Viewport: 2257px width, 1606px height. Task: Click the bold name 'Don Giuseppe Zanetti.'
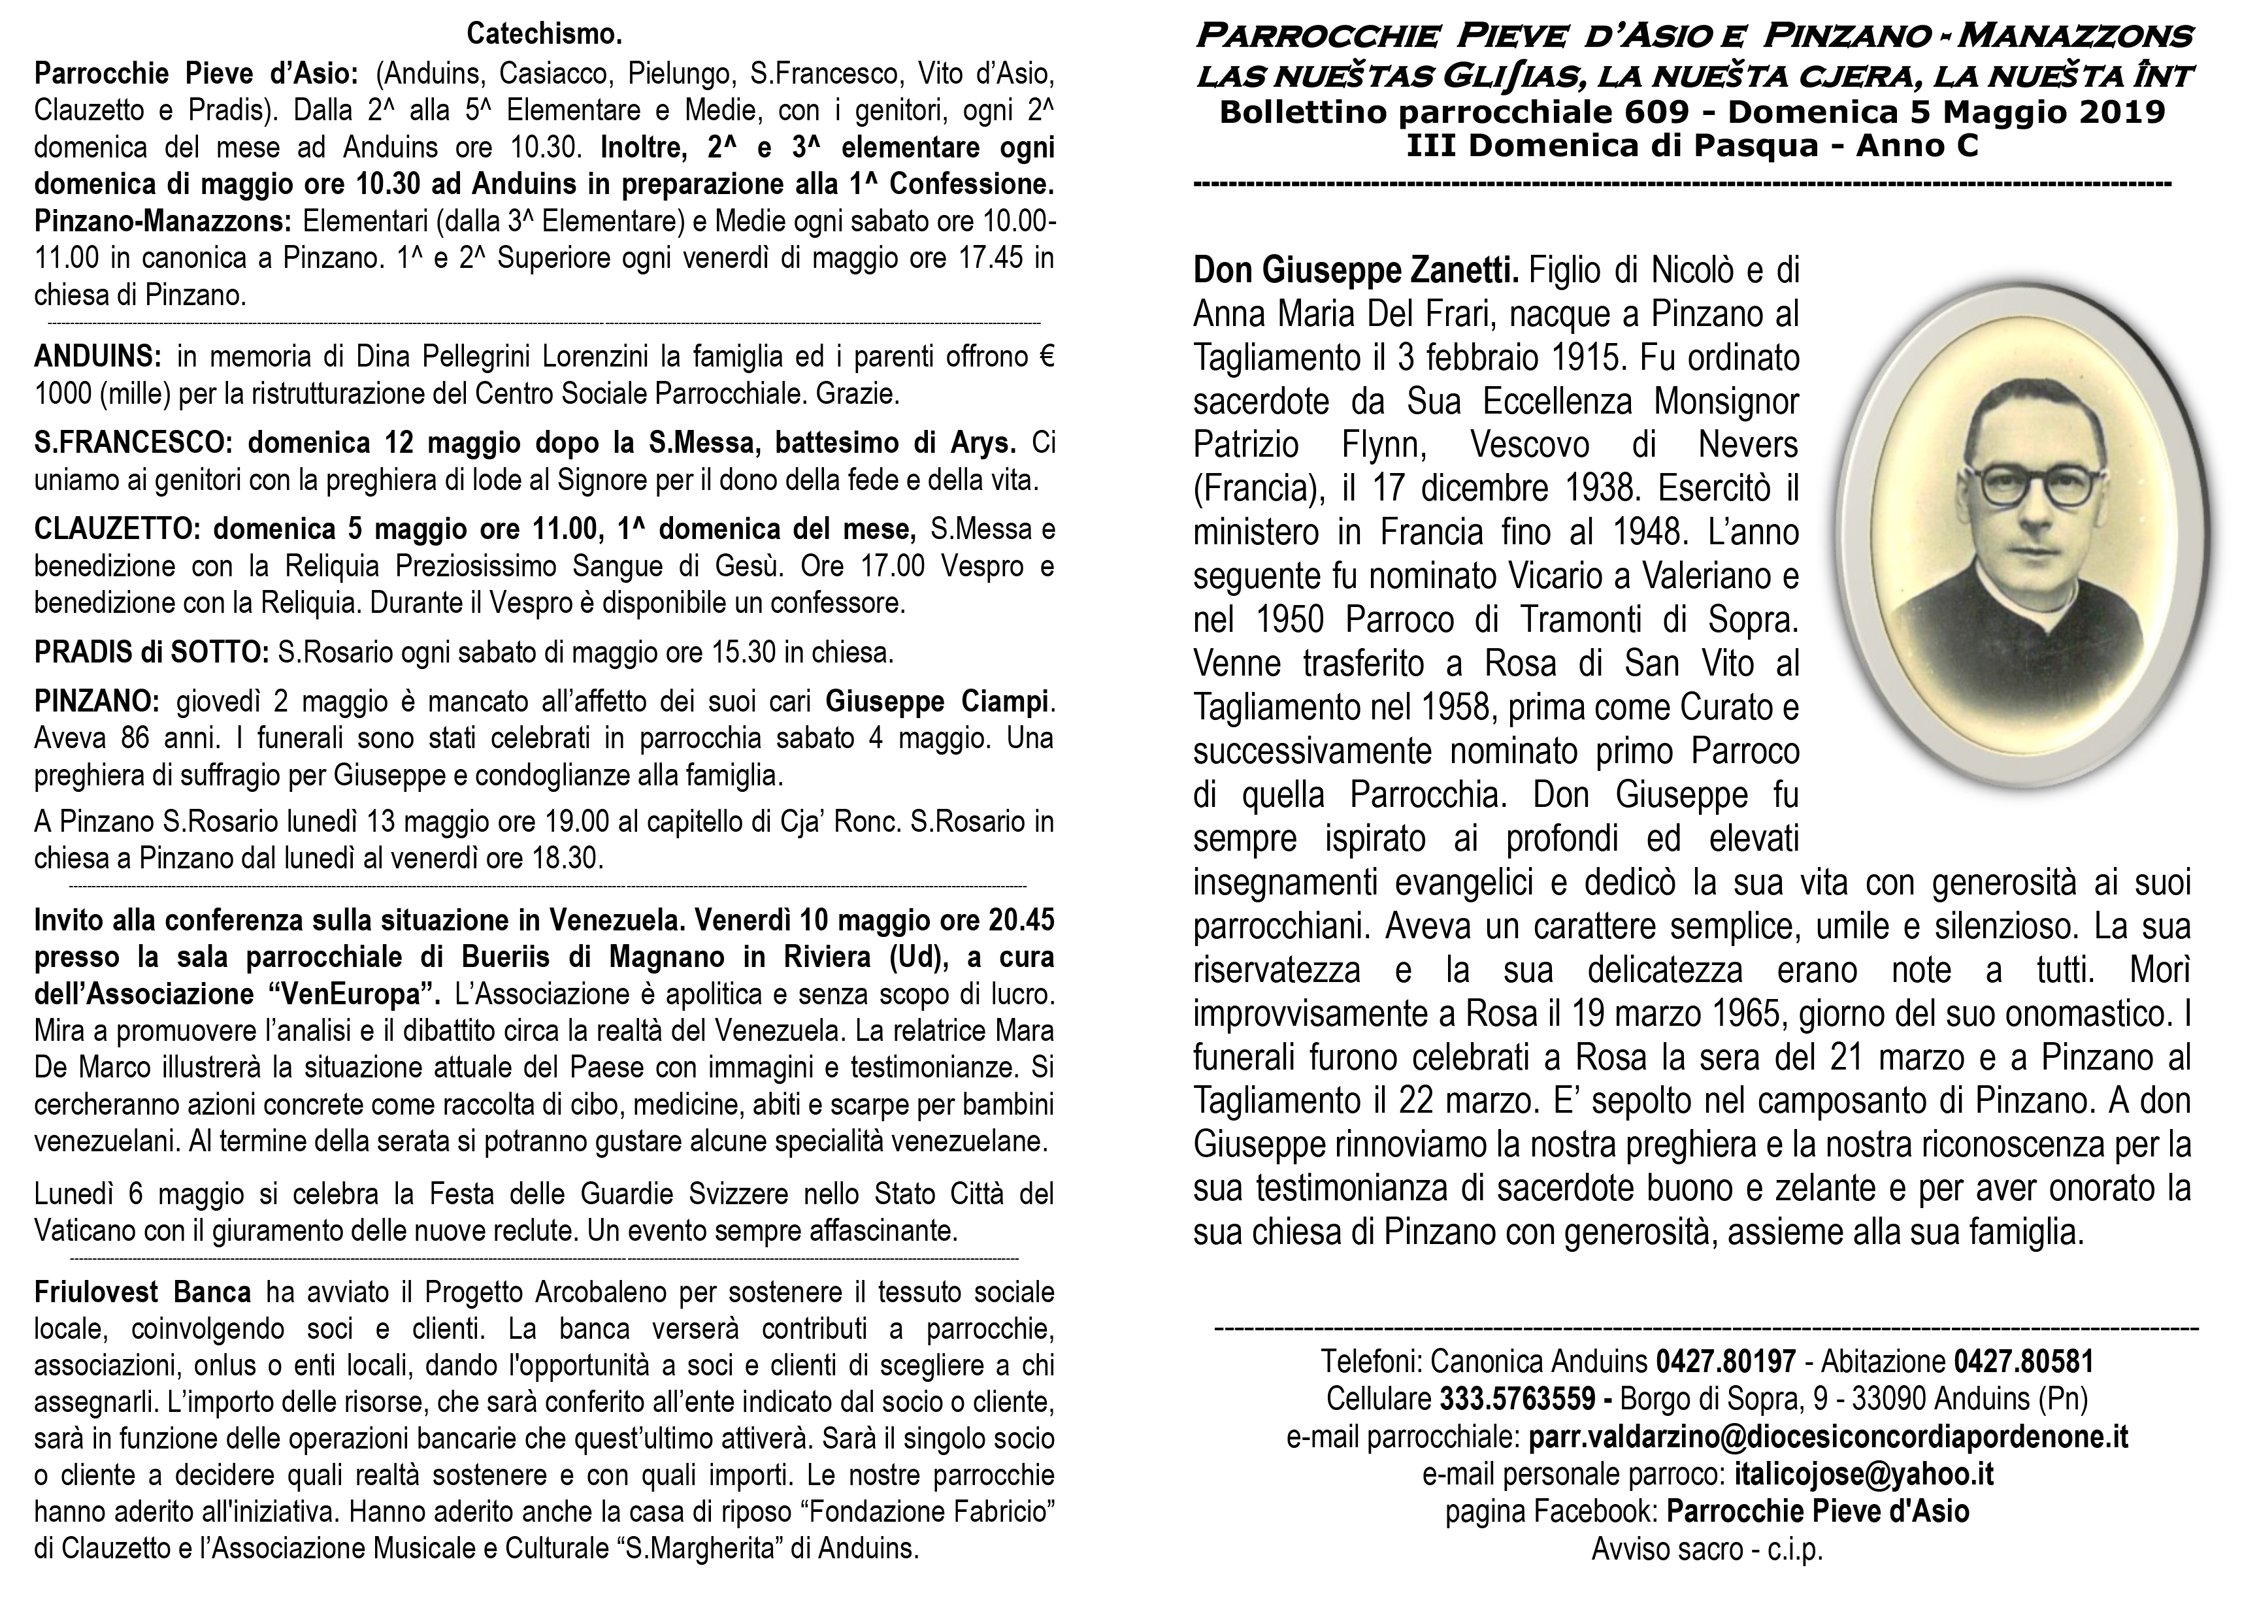click(x=1356, y=269)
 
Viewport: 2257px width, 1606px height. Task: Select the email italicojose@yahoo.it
click(x=1864, y=1473)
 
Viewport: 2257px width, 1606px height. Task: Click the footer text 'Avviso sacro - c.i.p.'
click(x=1706, y=1550)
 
